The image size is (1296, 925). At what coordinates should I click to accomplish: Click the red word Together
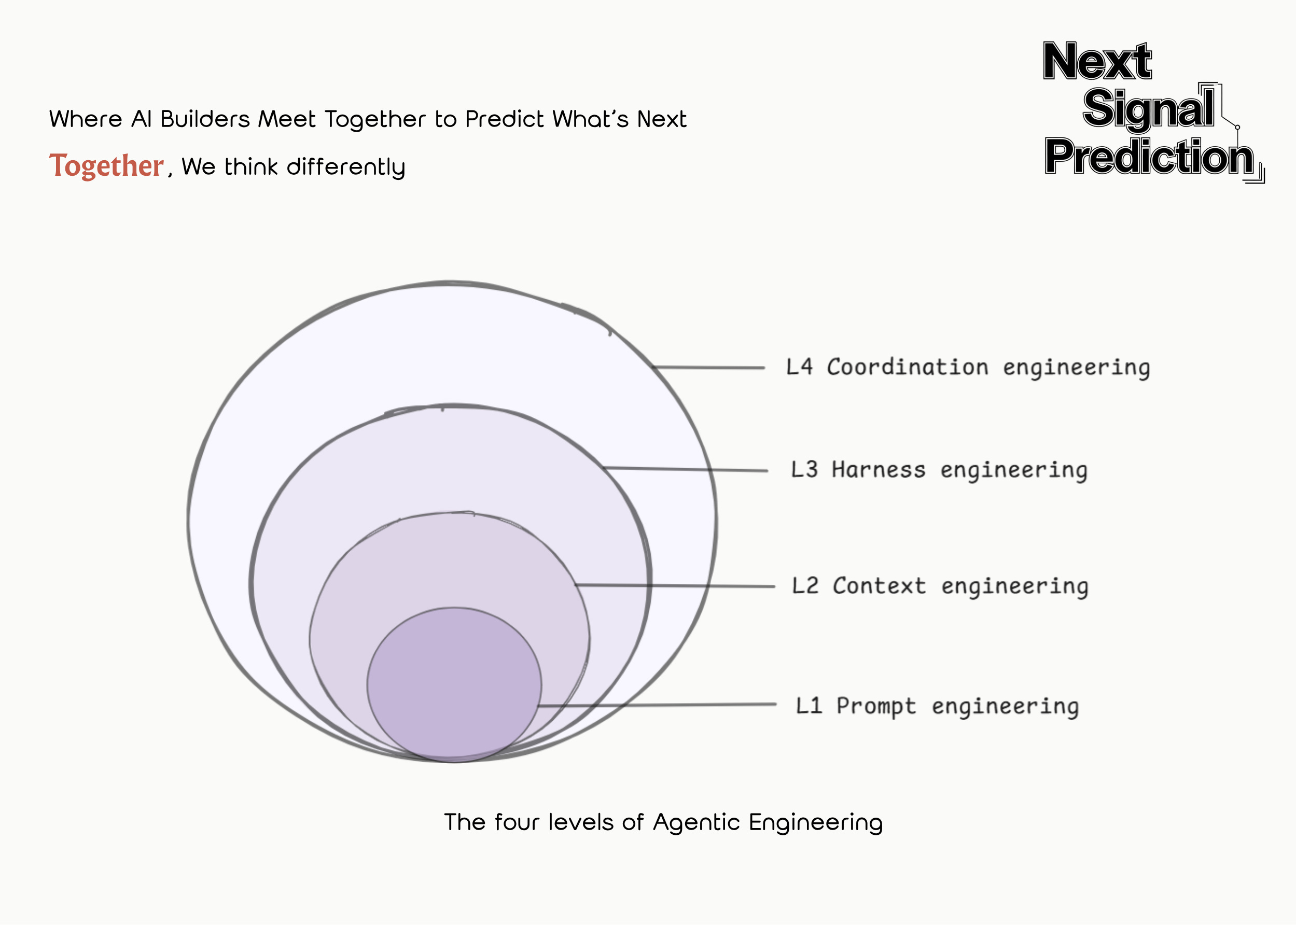click(106, 166)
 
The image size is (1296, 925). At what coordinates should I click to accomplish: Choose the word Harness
click(878, 470)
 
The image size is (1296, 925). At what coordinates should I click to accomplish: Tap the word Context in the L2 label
click(879, 586)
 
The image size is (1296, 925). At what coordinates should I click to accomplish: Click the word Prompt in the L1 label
click(876, 706)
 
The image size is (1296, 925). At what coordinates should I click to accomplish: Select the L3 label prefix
click(804, 470)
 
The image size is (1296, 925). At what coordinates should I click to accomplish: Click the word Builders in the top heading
click(205, 119)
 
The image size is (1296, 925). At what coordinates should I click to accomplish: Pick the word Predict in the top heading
click(504, 119)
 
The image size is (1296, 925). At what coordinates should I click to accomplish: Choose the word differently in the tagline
click(346, 167)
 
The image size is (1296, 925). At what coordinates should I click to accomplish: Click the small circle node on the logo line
click(1237, 128)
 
